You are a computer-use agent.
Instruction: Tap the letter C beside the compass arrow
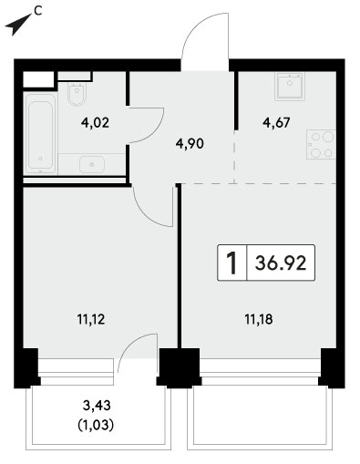point(37,11)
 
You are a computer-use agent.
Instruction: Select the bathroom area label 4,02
point(95,123)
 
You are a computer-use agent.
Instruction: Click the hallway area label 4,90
point(190,143)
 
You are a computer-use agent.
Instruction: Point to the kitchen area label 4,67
point(276,123)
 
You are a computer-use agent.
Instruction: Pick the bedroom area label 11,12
point(91,319)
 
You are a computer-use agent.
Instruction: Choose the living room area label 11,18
point(259,319)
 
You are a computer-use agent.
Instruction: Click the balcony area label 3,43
point(97,406)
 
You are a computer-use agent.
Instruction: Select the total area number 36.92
point(281,263)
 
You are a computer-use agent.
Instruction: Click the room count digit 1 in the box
point(232,263)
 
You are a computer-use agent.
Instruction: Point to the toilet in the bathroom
point(77,94)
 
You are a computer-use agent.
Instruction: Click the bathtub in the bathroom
point(41,133)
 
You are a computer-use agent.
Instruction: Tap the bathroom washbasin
point(92,164)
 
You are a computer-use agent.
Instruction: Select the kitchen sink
point(290,87)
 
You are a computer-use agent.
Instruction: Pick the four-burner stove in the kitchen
point(321,144)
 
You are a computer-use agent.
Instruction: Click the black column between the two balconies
point(180,367)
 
